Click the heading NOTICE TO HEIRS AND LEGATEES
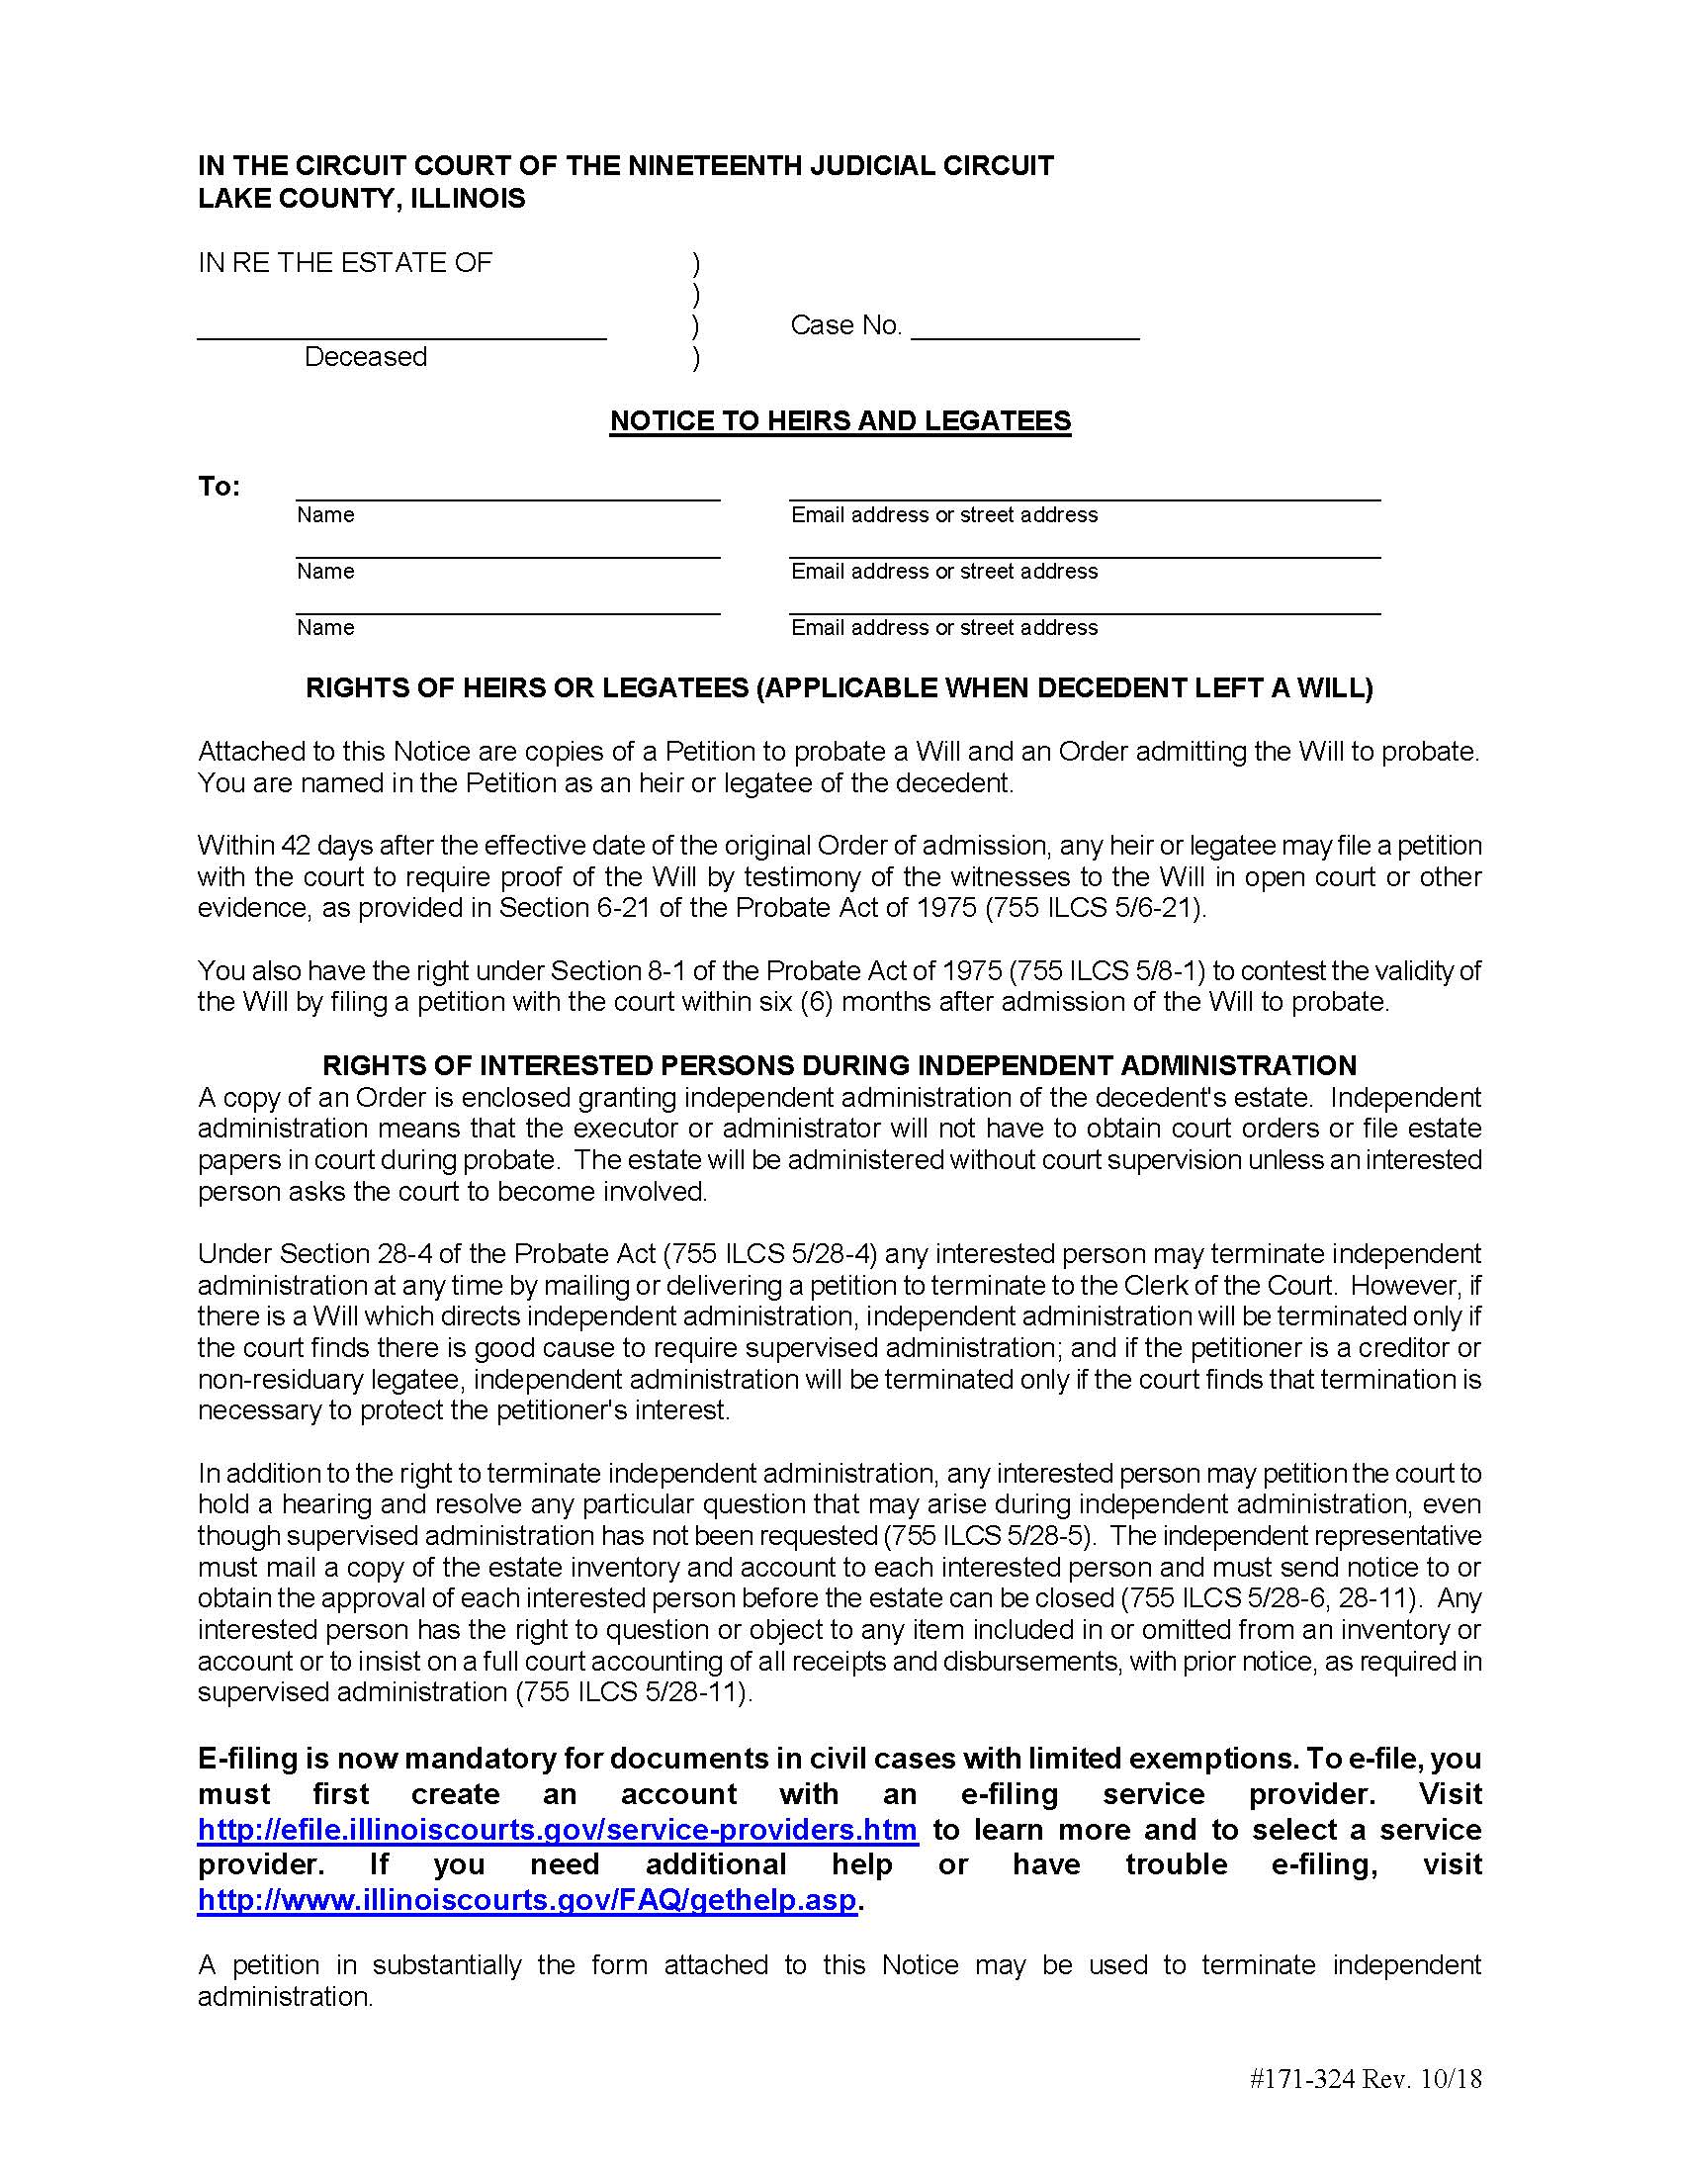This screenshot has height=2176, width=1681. [840, 420]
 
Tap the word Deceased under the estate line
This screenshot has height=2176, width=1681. [366, 357]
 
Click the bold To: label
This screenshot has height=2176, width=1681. [220, 487]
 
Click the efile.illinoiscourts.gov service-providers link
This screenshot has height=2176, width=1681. [557, 1830]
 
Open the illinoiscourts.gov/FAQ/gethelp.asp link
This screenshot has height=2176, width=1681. [527, 1900]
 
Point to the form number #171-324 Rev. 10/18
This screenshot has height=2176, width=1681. [1365, 2079]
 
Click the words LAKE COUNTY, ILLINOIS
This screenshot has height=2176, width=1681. [362, 198]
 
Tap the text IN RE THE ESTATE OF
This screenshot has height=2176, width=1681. [344, 263]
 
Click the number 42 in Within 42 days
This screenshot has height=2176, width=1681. [296, 846]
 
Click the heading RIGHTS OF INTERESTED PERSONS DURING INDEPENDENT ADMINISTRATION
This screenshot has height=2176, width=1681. [839, 1065]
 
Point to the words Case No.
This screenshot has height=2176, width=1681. [845, 325]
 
